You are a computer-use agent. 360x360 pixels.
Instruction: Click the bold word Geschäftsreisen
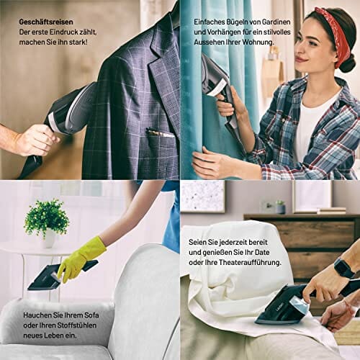point(46,22)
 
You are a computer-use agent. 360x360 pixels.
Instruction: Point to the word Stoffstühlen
point(77,325)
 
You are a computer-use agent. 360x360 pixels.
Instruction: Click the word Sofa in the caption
point(91,315)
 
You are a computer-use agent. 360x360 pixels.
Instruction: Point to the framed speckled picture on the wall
point(203,197)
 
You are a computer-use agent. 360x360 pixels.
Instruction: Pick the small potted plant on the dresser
point(280,207)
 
